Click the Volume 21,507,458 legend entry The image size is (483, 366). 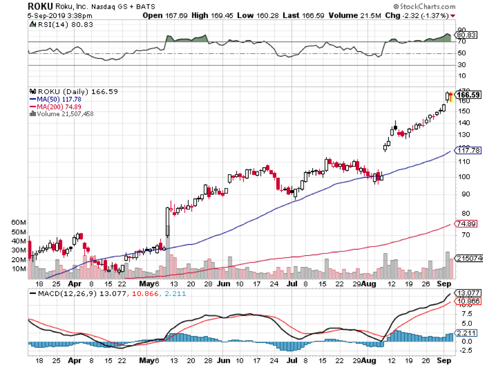[64, 113]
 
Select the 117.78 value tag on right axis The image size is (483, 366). [467, 150]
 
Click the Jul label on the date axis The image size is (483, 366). [292, 283]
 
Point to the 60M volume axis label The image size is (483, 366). [18, 222]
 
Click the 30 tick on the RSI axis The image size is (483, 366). [461, 65]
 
